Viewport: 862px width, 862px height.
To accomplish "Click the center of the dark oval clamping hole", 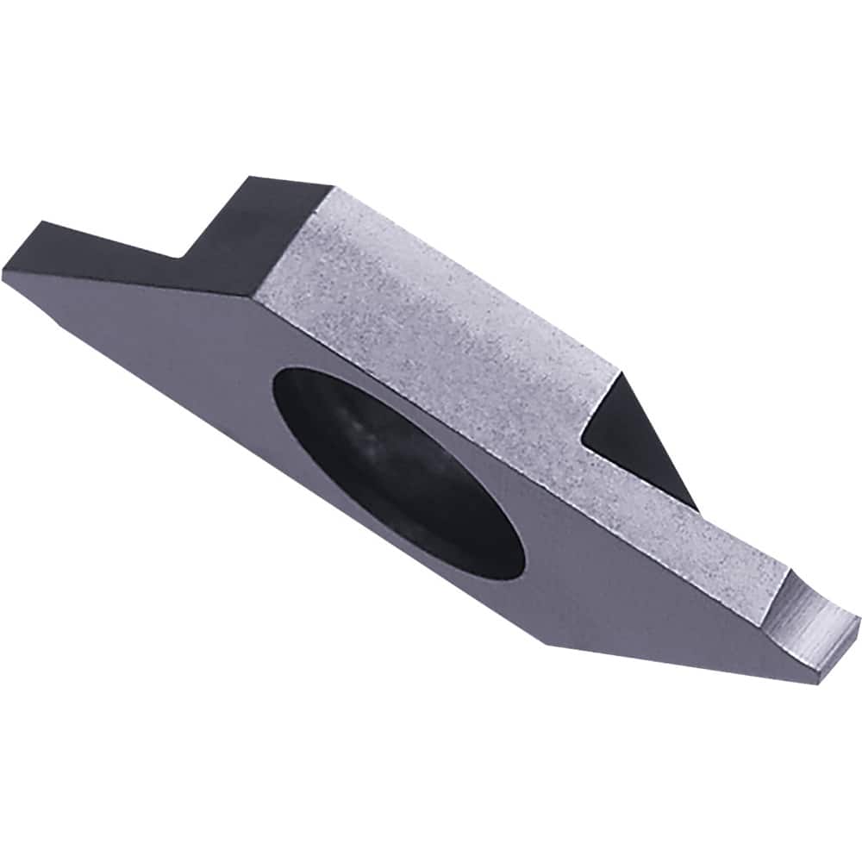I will [398, 470].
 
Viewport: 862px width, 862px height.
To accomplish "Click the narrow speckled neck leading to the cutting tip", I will [707, 543].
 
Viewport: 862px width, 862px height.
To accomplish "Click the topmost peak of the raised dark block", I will [247, 178].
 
